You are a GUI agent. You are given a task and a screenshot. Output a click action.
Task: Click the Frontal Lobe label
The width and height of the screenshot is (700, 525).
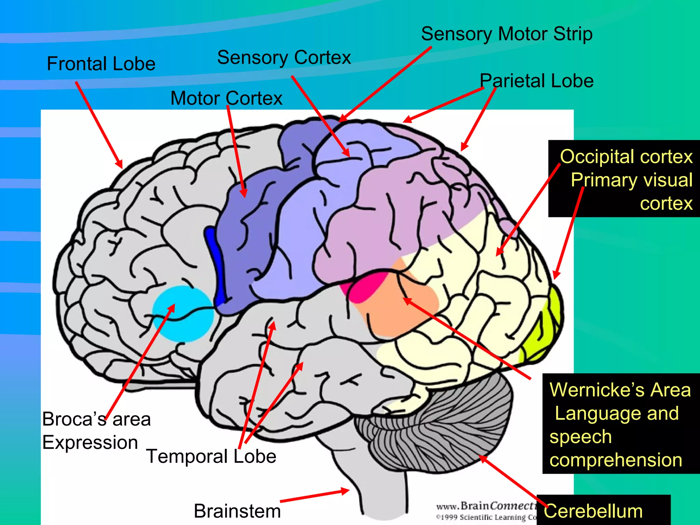click(101, 64)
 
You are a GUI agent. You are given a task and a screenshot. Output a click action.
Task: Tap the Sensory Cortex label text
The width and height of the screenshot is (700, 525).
click(284, 57)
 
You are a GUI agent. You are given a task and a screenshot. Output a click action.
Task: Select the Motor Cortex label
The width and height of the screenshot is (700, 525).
click(226, 98)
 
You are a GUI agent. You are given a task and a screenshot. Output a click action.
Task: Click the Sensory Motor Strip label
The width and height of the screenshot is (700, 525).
click(507, 34)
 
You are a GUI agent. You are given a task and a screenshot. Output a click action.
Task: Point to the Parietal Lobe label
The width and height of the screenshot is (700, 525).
click(537, 81)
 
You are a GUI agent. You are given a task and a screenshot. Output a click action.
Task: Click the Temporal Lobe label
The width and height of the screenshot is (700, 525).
click(211, 456)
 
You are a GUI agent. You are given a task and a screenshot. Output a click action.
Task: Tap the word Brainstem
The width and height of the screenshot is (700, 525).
click(237, 511)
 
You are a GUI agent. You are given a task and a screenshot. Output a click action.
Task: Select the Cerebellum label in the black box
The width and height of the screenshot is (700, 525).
click(593, 511)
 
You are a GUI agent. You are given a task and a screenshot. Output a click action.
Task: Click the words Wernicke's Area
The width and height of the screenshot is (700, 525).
click(620, 390)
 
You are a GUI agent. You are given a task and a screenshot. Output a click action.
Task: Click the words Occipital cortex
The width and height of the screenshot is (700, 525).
click(626, 157)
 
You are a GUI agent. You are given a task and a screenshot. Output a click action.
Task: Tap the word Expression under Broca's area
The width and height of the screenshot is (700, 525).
click(90, 443)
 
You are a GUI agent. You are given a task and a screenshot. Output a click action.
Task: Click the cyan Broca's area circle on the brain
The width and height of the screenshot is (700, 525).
click(183, 313)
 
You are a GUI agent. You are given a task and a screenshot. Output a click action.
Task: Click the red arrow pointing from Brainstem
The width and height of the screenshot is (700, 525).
click(314, 496)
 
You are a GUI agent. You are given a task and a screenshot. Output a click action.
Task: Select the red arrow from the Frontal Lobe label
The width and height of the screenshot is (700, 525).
click(99, 125)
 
